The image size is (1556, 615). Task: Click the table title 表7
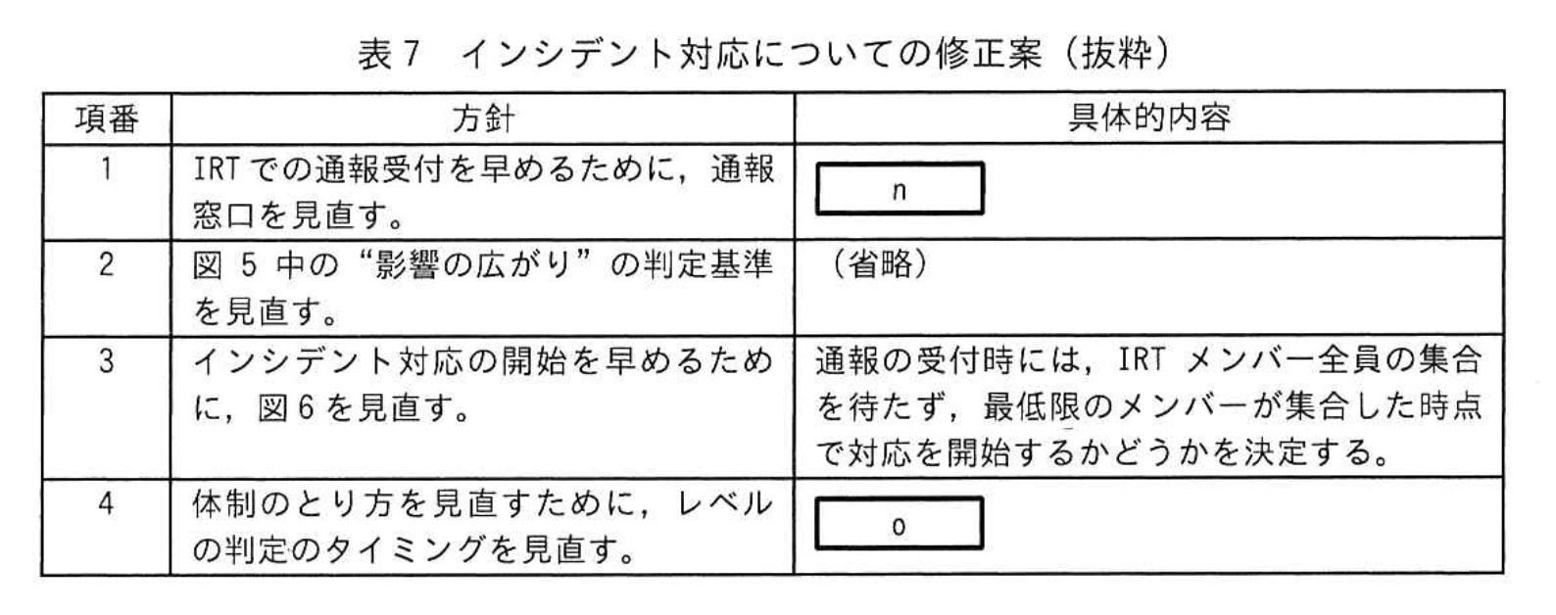[388, 54]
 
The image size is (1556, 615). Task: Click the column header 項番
[107, 118]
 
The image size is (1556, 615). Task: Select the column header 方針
[482, 118]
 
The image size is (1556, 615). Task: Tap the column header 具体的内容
[1147, 118]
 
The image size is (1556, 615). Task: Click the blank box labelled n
[900, 189]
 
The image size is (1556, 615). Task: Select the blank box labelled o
[900, 526]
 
